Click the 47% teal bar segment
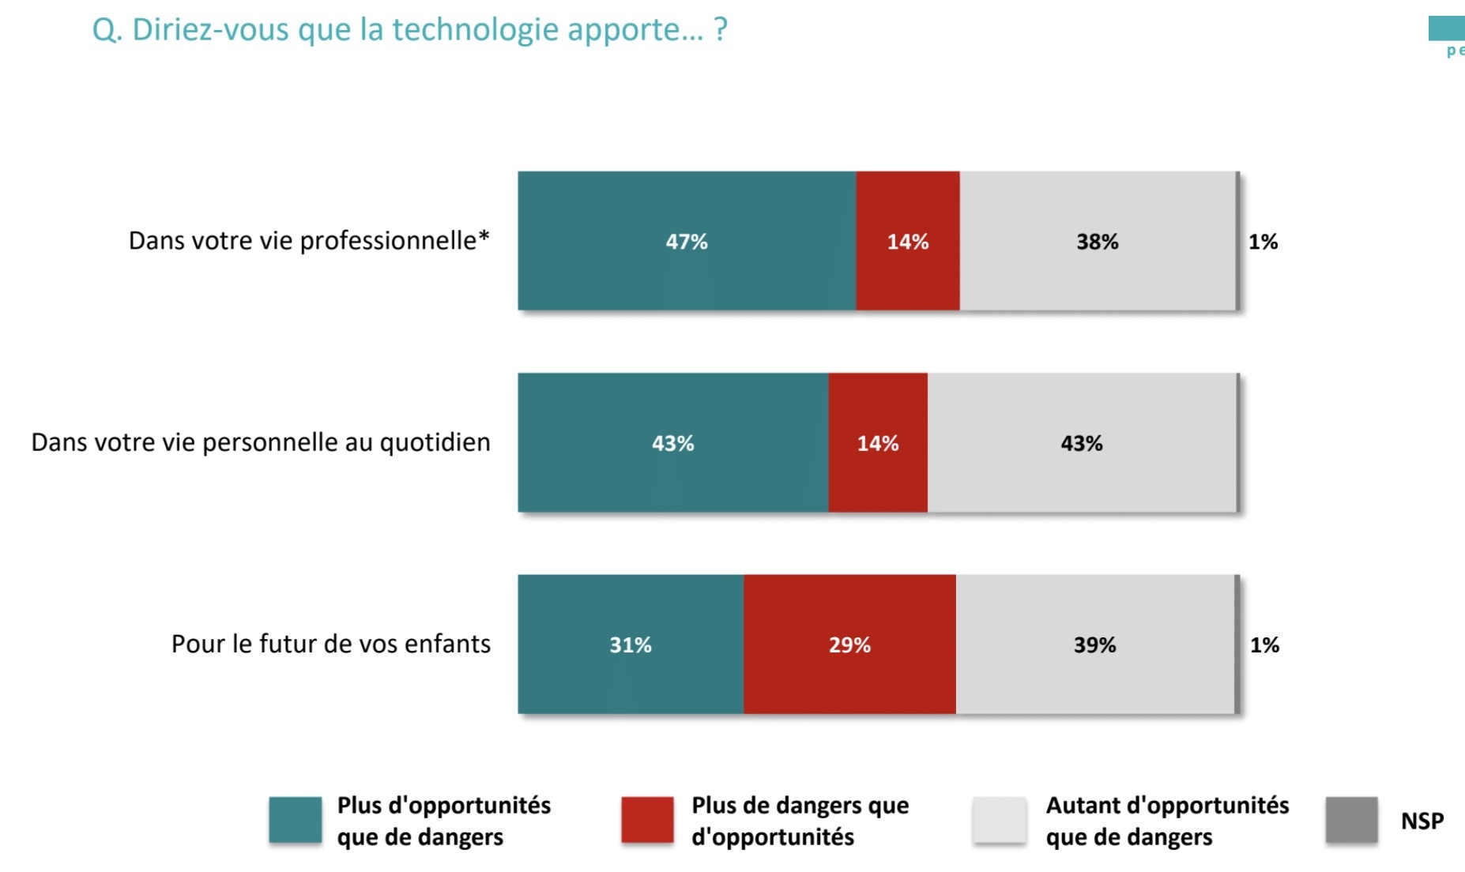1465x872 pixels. coord(687,241)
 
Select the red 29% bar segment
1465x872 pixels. coord(849,645)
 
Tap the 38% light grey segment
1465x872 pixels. coord(1098,241)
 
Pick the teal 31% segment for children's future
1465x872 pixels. coord(631,645)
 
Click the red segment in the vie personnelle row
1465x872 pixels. coord(878,443)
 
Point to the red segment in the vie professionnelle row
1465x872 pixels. coord(908,241)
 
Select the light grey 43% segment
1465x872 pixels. coord(1082,443)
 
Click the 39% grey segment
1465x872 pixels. coord(1094,645)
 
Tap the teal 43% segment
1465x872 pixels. coord(672,443)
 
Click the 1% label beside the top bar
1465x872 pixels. coord(1263,242)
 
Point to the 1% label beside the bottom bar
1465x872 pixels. coord(1264,645)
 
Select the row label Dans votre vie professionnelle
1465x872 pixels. coord(309,240)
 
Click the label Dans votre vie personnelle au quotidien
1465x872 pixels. coord(260,442)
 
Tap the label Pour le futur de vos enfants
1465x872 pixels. coord(330,644)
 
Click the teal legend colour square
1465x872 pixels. coord(295,820)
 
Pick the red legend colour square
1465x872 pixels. coord(647,820)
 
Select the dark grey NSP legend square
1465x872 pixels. coord(1351,820)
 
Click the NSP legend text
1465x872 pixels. coord(1422,821)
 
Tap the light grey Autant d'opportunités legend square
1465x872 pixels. coord(1000,820)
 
